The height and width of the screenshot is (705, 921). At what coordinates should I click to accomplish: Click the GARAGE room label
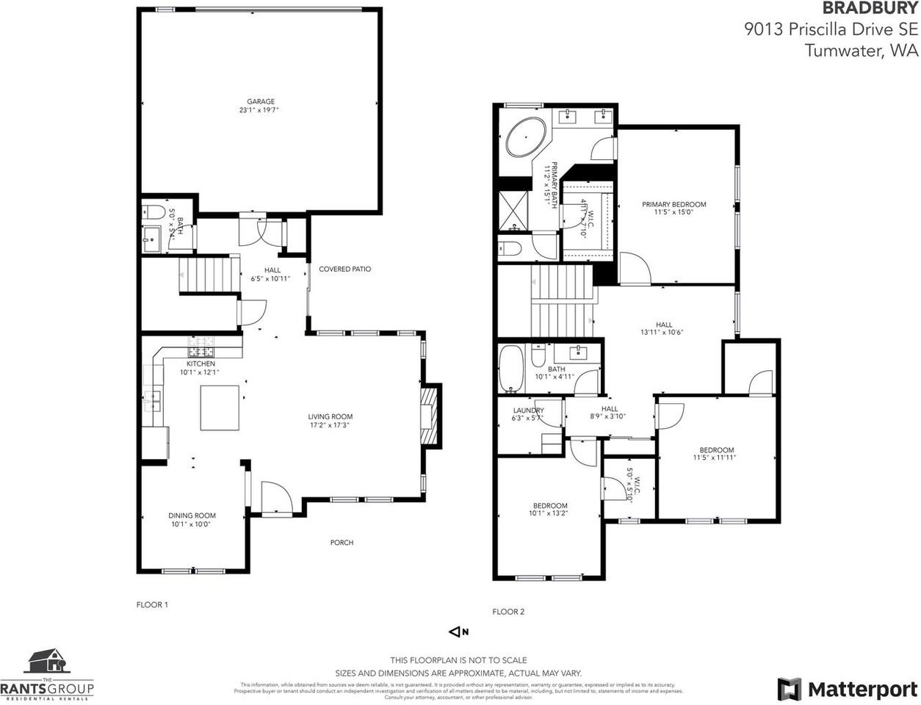point(260,101)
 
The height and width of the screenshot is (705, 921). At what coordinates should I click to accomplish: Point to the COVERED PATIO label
point(344,269)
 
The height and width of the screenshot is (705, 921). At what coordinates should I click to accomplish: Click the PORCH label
point(342,543)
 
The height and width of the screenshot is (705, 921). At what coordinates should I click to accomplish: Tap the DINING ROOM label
point(192,516)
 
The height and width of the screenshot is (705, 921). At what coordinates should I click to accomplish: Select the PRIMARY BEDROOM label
point(673,204)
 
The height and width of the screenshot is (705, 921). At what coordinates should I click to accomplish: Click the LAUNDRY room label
point(528,411)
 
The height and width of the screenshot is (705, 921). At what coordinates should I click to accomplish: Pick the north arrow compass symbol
point(459,632)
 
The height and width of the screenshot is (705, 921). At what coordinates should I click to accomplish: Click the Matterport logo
point(847,689)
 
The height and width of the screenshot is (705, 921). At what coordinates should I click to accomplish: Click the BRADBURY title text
point(869,9)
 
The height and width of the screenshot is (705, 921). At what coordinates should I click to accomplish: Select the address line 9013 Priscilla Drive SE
point(830,29)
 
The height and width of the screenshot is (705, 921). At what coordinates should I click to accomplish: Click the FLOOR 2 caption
point(508,612)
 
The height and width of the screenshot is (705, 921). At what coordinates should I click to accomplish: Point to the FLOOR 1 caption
point(152,605)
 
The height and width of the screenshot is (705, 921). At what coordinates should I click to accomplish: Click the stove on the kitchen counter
point(201,342)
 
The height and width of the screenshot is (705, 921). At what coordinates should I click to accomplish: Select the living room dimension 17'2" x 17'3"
point(331,425)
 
